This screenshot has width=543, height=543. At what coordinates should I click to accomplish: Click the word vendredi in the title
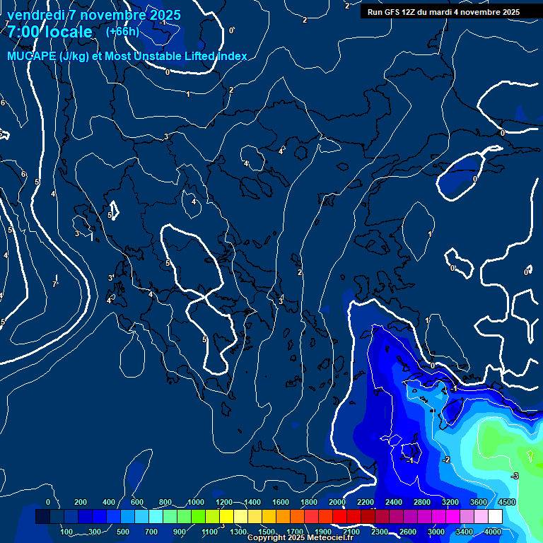35,15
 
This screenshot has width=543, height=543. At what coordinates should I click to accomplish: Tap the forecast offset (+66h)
122,32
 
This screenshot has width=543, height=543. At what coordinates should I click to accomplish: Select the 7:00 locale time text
49,32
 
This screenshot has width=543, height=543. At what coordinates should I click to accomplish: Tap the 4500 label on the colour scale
507,502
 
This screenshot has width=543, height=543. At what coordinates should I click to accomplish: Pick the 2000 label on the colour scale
337,502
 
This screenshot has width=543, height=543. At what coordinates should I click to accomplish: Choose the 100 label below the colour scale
66,531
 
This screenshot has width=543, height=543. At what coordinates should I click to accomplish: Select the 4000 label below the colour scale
493,531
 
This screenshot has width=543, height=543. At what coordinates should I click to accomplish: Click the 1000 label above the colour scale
196,502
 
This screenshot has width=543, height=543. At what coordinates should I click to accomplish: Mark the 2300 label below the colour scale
380,531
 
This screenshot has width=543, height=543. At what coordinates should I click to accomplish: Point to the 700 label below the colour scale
151,531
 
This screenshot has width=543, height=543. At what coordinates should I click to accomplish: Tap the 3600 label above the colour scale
479,502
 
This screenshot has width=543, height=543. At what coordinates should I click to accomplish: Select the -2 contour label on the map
445,460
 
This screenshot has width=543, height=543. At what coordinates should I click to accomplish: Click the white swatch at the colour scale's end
495,517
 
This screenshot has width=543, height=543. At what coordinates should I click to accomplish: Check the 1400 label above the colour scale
252,502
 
